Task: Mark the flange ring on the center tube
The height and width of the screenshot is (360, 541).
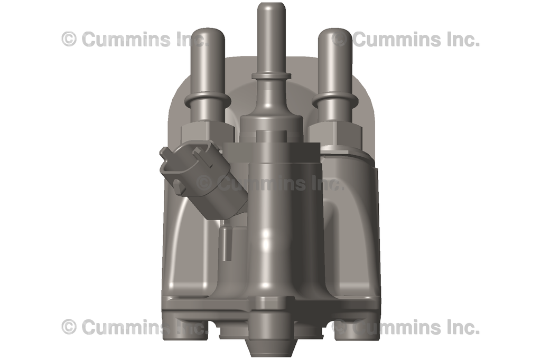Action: pos(271,76)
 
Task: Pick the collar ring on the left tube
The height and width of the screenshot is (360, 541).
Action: pos(207,100)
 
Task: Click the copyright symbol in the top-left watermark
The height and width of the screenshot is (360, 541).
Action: pos(69,39)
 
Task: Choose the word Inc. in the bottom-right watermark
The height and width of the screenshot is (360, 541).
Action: pos(461,327)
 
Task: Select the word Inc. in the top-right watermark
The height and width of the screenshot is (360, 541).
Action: pos(461,39)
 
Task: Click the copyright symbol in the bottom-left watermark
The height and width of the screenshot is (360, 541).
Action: pos(69,327)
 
